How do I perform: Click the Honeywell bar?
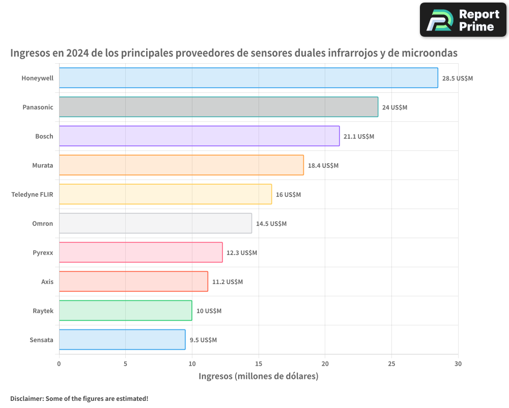(248, 78)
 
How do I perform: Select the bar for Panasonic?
(218, 107)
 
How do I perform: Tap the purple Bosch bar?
(199, 136)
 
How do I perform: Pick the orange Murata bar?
(181, 165)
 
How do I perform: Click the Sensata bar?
(122, 340)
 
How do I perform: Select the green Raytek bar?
(125, 311)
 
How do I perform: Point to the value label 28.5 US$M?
(457, 79)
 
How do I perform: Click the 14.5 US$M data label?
(271, 224)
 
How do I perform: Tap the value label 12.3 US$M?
(241, 253)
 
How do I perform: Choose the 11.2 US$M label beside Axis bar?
(227, 282)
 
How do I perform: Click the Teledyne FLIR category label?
(32, 194)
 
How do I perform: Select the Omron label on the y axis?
(42, 223)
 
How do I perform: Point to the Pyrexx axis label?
(43, 252)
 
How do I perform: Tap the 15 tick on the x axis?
(259, 364)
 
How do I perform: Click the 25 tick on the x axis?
(391, 364)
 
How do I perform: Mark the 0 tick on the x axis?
(59, 364)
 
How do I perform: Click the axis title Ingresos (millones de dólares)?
(258, 376)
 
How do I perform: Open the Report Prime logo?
(463, 20)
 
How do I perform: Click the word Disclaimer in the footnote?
(26, 398)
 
